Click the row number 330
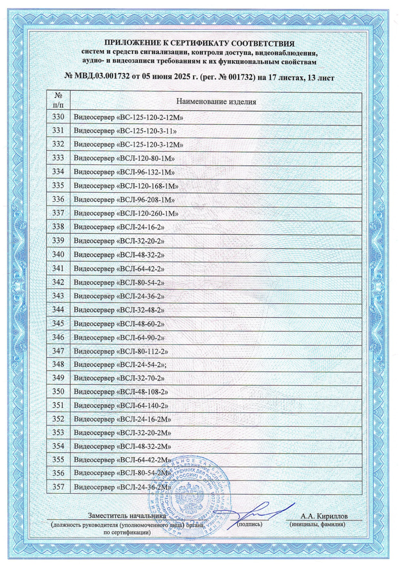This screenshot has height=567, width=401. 59,117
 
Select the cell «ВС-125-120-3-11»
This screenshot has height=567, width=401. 127,131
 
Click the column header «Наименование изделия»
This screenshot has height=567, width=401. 216,102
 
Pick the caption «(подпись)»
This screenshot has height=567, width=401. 249,525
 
